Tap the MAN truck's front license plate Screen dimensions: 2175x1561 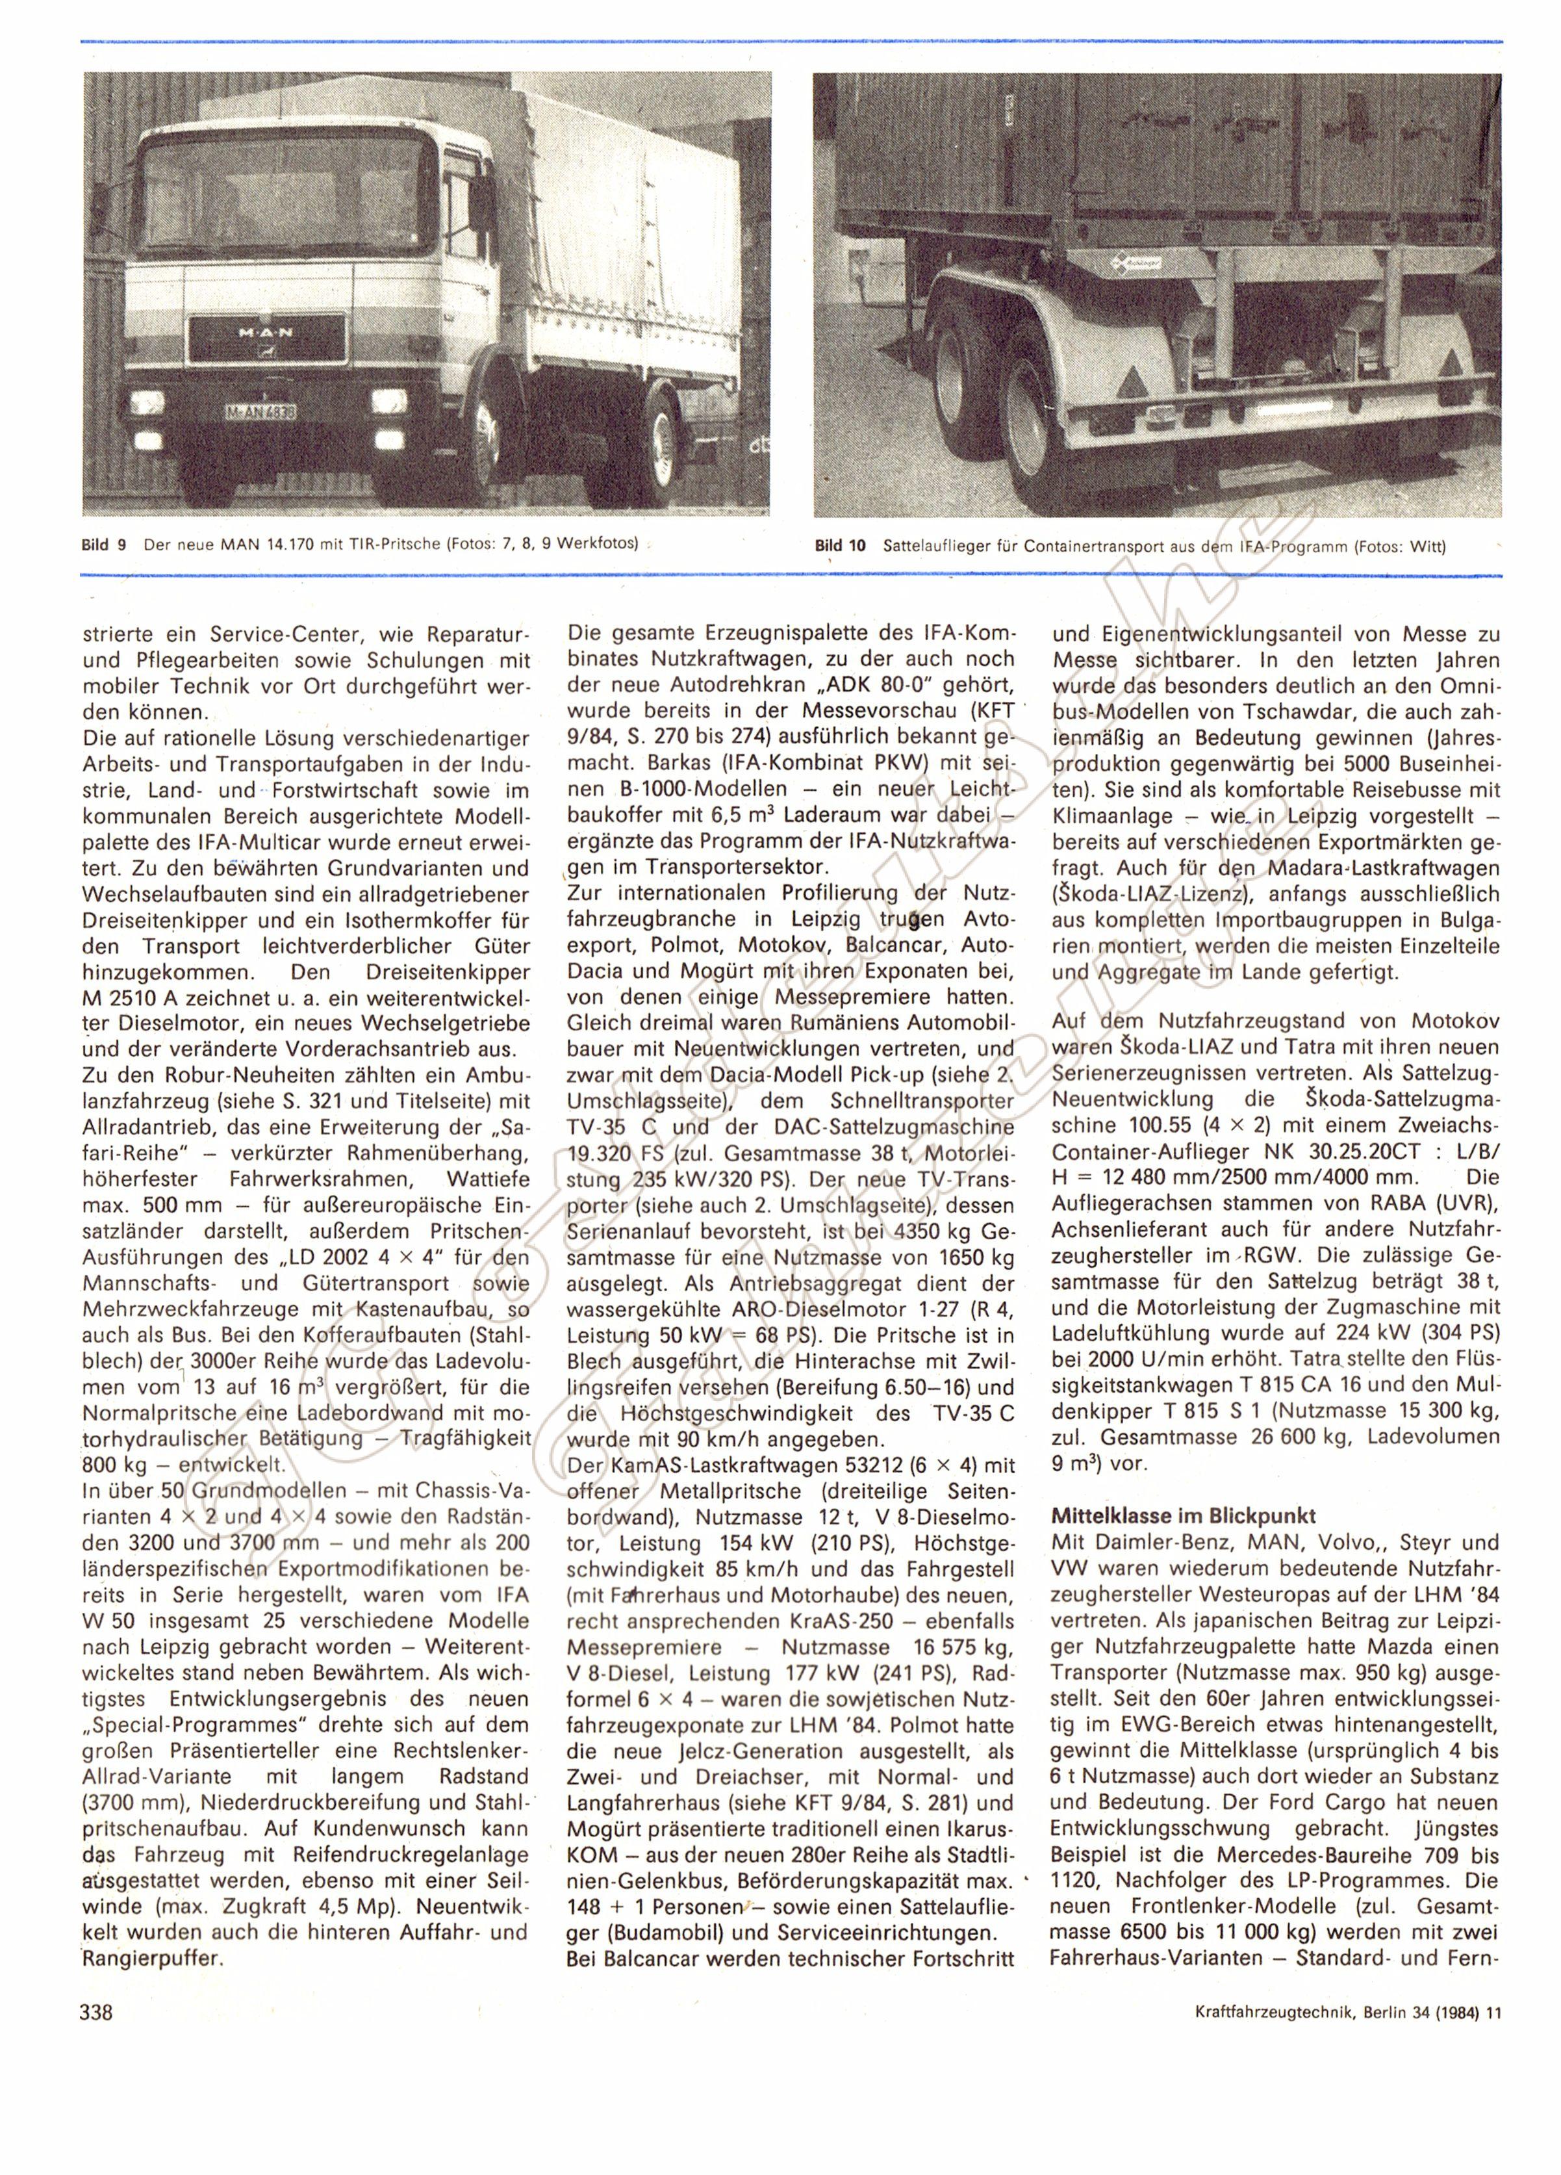click(x=260, y=411)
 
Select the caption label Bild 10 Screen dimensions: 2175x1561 click(x=839, y=547)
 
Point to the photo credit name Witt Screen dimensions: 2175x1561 click(x=1427, y=548)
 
